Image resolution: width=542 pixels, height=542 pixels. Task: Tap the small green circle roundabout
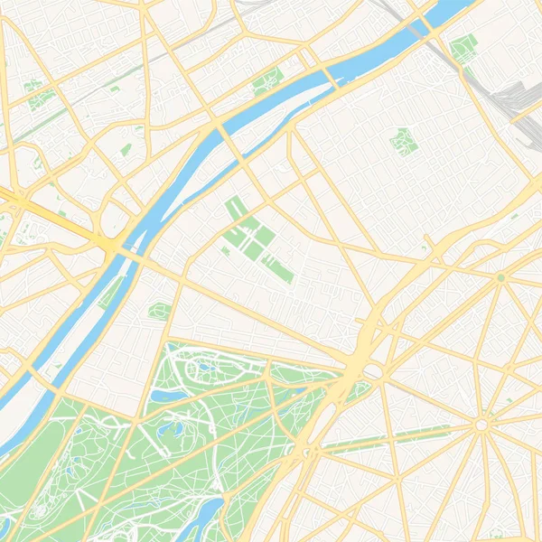500,277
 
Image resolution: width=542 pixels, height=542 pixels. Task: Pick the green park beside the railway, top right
463,47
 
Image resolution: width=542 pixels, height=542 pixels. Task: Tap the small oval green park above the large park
160,312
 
